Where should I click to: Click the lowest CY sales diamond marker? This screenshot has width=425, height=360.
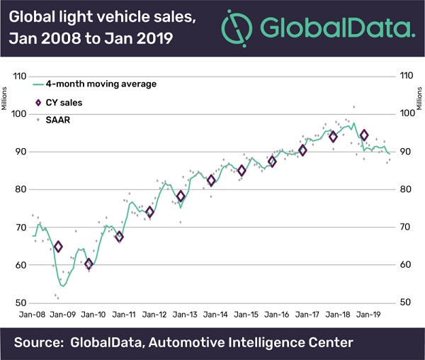(x=89, y=264)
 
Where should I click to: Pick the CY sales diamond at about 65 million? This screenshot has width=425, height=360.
(x=58, y=247)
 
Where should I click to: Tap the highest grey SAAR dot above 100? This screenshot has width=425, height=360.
(x=353, y=107)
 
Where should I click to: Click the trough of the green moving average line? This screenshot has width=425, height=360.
(x=63, y=286)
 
